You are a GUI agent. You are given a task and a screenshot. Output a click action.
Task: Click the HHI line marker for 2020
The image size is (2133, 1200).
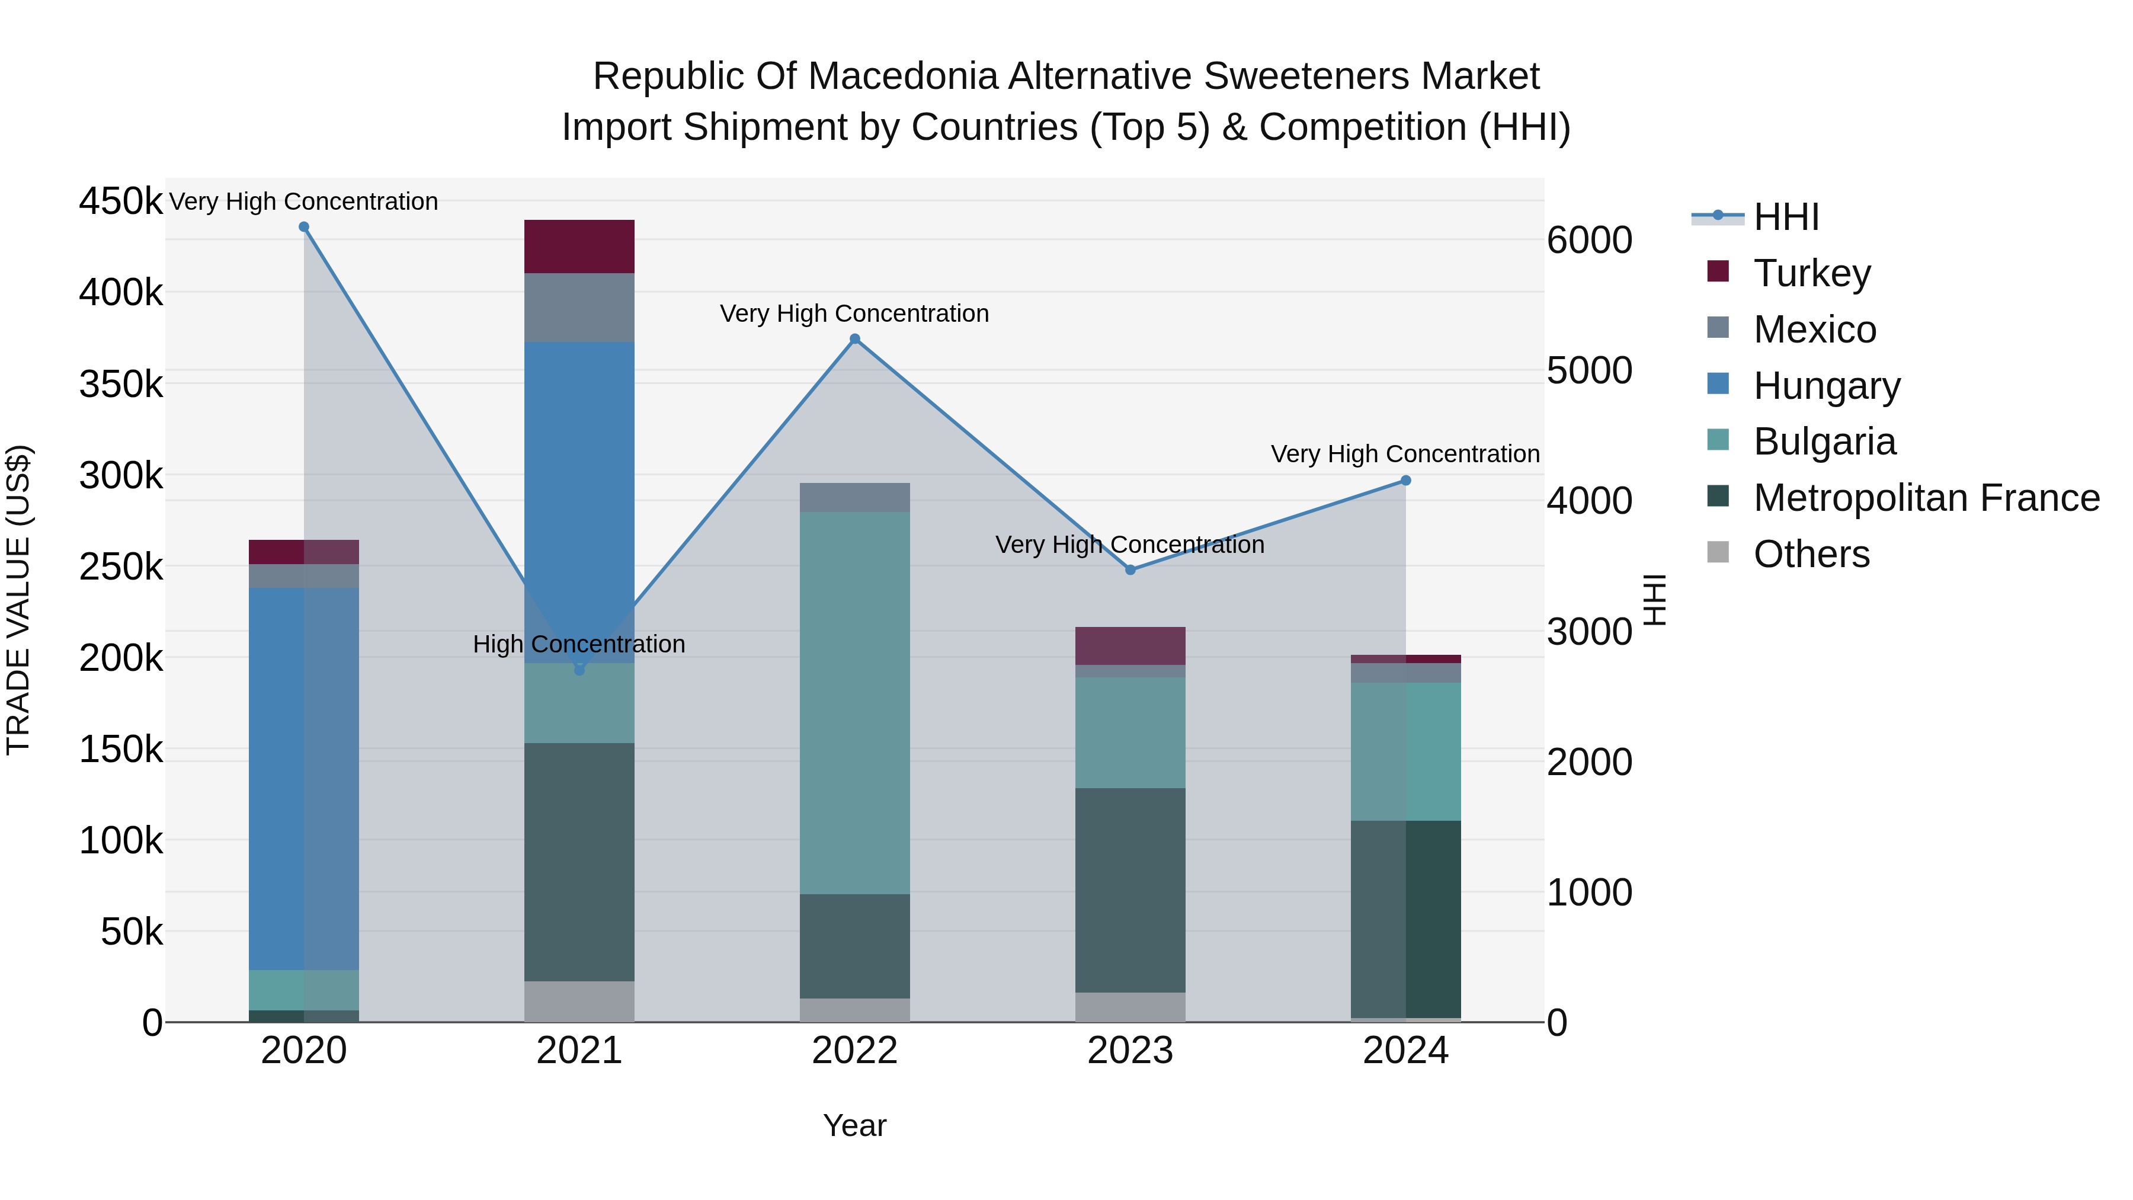pos(304,227)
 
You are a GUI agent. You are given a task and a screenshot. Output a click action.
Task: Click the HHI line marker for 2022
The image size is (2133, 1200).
pos(854,339)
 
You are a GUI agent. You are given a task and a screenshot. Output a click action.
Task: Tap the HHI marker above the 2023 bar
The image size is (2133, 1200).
pos(1130,569)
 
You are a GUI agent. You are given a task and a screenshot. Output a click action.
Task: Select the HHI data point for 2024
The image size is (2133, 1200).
pos(1405,481)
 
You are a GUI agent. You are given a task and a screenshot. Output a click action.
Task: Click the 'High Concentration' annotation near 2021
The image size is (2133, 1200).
pos(579,644)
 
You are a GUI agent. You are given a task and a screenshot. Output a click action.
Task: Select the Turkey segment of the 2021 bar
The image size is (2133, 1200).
pos(579,246)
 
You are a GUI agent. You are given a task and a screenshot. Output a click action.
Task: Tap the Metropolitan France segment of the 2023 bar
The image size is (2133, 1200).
pos(1130,889)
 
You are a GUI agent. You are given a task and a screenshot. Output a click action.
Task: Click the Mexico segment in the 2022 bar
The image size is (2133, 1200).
pos(854,497)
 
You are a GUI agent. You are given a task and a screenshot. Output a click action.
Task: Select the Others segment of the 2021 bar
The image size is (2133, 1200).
pos(579,1001)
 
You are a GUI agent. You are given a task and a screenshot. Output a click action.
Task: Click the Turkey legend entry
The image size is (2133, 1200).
pos(1812,273)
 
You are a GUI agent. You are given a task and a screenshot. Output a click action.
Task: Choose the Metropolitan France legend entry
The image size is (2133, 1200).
pos(1926,498)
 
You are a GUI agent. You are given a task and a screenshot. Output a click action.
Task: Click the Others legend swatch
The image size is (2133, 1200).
pos(1718,552)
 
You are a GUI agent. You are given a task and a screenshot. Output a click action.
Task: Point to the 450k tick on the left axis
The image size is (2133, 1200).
pos(121,201)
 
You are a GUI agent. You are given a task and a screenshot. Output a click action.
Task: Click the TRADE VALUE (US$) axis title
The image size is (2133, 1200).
pos(18,600)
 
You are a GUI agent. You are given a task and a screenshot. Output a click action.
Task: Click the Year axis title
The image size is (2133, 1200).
pos(854,1125)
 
